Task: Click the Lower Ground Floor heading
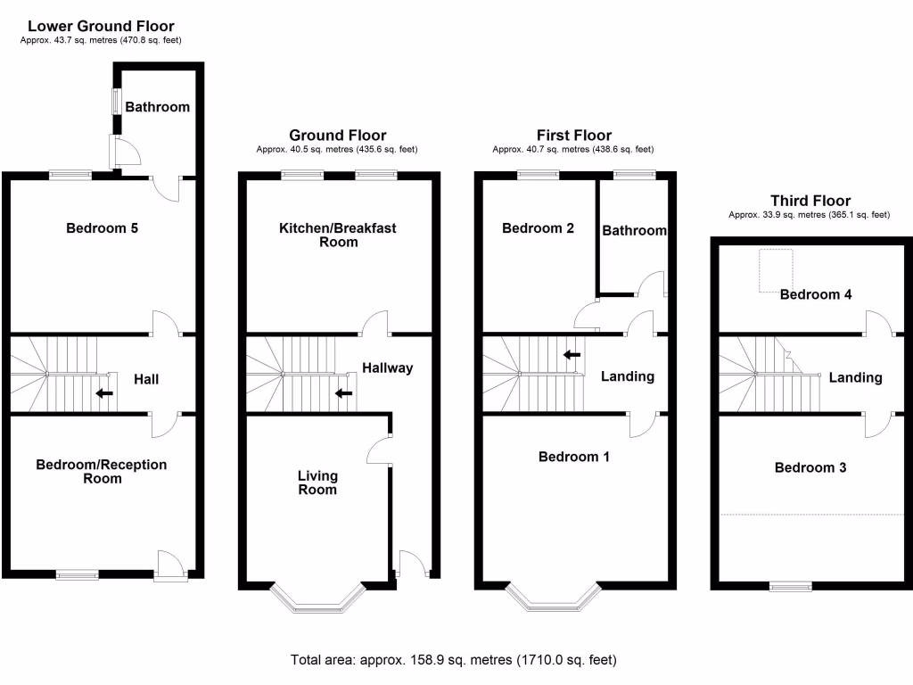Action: coord(101,27)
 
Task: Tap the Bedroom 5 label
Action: coord(103,228)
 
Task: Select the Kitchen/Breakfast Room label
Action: coord(337,235)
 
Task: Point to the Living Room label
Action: coord(317,483)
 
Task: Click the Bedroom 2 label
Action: coord(538,228)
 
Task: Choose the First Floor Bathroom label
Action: coord(634,231)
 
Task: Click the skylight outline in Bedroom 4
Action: coord(776,270)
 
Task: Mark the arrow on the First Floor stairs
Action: coord(572,355)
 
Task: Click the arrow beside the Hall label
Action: coord(104,392)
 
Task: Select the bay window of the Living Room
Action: coord(317,599)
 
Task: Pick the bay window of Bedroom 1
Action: coord(553,599)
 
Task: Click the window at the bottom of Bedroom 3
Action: coord(791,586)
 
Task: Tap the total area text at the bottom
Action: coord(453,661)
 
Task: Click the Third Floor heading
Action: coord(810,202)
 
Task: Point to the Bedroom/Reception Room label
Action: coord(101,471)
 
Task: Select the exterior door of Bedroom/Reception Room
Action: coord(169,566)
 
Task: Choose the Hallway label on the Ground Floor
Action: coord(387,367)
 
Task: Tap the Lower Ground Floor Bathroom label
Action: coord(157,107)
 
